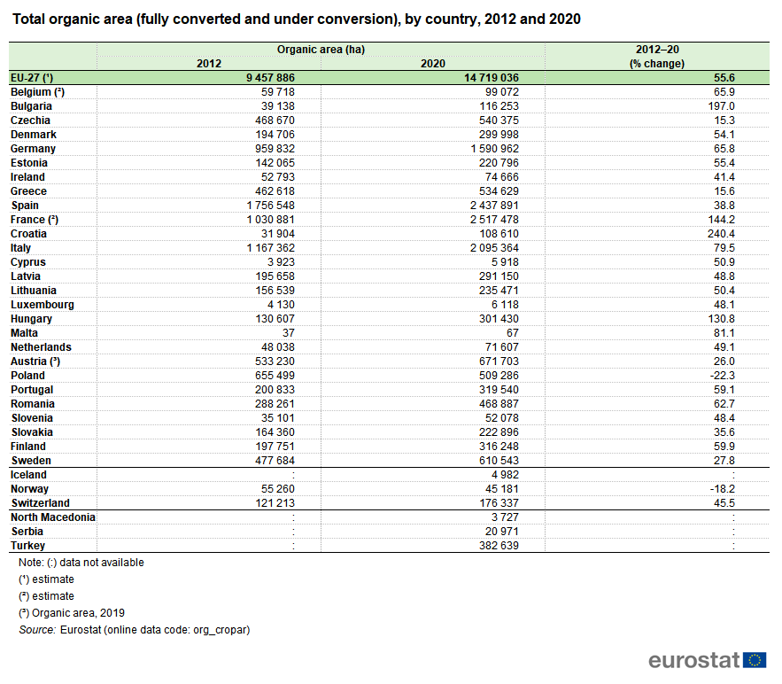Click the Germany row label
(x=33, y=149)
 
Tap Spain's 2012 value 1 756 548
(x=269, y=206)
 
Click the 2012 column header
(x=210, y=64)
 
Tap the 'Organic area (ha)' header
(x=321, y=51)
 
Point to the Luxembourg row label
(x=42, y=305)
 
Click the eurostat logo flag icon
(x=755, y=660)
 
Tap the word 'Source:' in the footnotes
(x=36, y=630)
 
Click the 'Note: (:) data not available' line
(x=81, y=563)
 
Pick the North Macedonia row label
(x=52, y=517)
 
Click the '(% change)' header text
(x=657, y=64)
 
